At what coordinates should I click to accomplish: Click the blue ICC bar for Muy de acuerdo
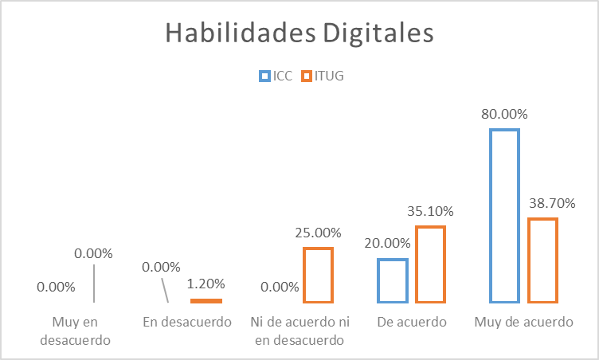point(504,216)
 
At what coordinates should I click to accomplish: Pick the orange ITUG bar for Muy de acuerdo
point(542,260)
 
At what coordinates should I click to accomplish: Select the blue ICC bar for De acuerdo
point(393,280)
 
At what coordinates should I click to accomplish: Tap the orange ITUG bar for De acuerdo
point(430,264)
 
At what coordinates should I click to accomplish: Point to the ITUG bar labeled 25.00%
point(318,276)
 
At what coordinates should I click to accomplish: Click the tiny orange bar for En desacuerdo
point(206,300)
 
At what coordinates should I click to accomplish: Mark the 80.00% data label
point(504,114)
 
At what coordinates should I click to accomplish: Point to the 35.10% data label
point(430,211)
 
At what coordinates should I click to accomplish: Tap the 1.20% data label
point(206,283)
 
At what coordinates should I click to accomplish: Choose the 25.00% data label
point(318,233)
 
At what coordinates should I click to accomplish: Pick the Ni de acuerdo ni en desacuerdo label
point(299,331)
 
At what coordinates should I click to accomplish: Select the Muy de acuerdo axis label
point(523,323)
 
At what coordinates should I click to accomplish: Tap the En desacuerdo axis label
point(187,323)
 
